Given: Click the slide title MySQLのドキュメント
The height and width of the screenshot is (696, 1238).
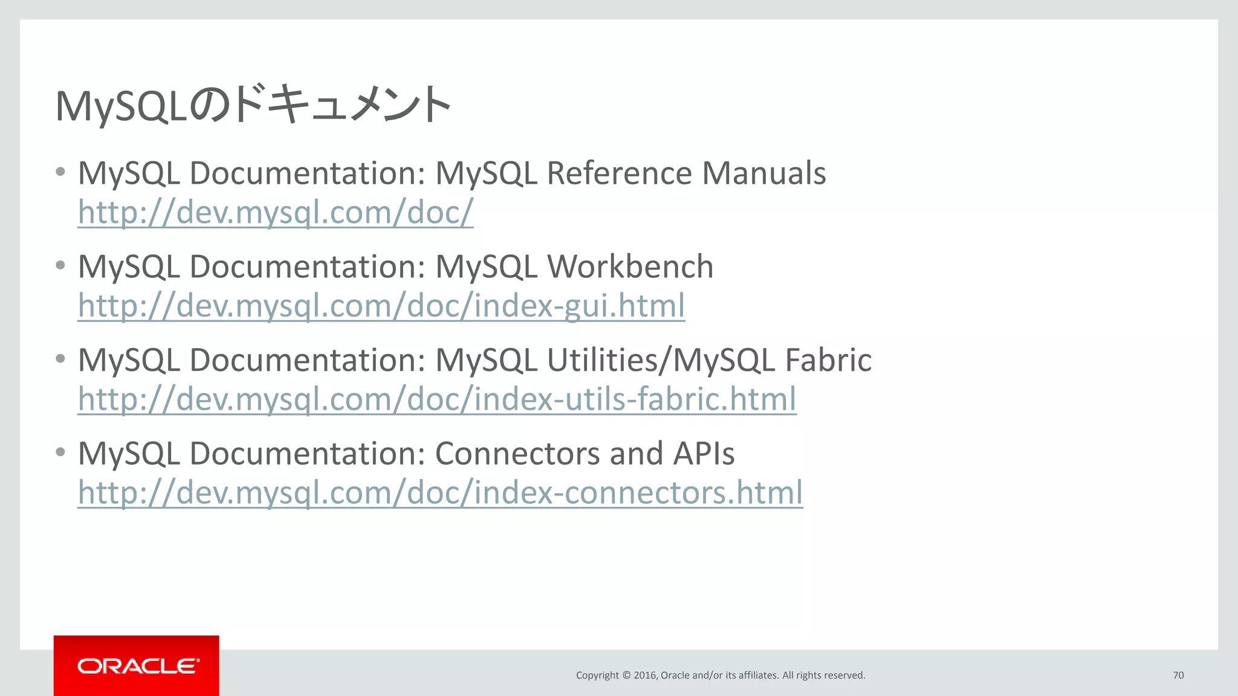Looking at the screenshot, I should coord(253,105).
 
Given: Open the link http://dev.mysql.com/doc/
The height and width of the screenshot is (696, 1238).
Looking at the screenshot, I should coord(276,212).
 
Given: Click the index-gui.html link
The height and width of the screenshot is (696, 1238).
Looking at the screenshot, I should coord(381,305).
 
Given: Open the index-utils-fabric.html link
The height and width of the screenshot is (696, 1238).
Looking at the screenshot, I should coord(437,399).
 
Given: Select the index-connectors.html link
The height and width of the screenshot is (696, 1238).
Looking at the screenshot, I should coord(440,492).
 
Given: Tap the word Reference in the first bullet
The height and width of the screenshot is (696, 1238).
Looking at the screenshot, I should coord(619,173).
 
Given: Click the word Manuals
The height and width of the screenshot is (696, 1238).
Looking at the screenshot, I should coord(763,173).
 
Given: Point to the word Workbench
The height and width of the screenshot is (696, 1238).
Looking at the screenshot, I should coord(630,266).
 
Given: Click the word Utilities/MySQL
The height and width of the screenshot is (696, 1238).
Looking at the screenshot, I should coord(661,360).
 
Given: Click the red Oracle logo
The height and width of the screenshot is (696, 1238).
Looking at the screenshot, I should coord(137,666).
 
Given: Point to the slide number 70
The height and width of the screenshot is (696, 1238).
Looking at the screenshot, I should coord(1178,675).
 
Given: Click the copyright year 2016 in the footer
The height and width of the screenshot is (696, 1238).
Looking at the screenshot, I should coord(644,675).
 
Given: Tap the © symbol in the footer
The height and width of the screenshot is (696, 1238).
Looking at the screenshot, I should coord(626,675).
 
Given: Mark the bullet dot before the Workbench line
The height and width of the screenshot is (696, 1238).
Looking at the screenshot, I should coord(60,265).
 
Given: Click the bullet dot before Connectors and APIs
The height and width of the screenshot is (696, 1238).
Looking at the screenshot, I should coord(60,452).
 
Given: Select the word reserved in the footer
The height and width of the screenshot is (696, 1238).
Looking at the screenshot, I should coord(846,675).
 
